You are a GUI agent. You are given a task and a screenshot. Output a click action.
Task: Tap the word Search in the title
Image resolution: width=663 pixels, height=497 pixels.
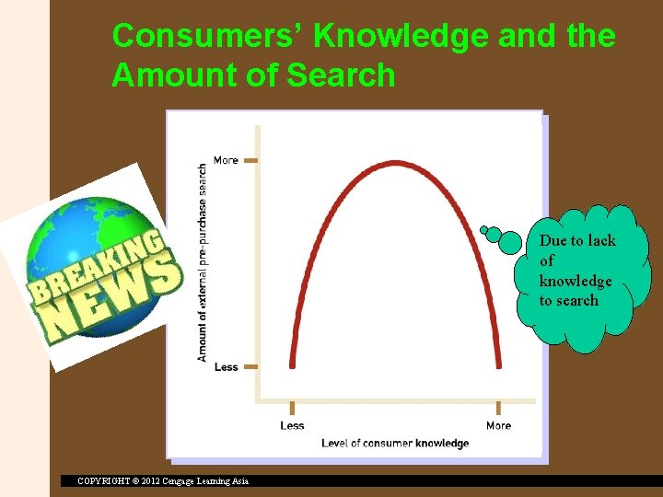(341, 75)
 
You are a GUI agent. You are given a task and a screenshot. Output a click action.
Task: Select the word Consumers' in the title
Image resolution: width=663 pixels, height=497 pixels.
(207, 37)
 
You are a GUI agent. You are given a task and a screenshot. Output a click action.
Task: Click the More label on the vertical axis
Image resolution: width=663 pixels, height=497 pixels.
(226, 160)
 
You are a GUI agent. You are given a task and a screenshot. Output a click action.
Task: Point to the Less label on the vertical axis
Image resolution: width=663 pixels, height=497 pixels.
(226, 367)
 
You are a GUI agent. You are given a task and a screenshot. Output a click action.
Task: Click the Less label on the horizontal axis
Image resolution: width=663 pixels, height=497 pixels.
(292, 425)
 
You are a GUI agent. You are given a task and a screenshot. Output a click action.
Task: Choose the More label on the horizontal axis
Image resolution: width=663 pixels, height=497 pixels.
(498, 425)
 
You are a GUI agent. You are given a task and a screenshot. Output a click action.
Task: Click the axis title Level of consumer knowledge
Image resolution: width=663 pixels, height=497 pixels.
(395, 444)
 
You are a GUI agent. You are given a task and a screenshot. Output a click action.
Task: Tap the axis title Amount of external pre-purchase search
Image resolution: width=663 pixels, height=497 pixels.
(203, 262)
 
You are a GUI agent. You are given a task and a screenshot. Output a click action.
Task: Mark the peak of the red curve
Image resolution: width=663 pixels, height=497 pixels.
(395, 164)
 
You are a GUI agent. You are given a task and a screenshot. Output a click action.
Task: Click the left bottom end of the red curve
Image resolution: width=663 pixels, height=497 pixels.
(292, 365)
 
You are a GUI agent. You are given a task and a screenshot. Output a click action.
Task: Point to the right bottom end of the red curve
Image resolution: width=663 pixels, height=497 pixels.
(499, 365)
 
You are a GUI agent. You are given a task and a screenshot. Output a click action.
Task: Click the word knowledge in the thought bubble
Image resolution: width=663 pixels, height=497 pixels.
(576, 281)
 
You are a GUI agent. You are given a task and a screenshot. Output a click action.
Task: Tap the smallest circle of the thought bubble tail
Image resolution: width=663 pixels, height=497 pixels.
(484, 229)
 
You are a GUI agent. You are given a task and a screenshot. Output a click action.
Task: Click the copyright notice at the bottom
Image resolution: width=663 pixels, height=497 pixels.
(163, 480)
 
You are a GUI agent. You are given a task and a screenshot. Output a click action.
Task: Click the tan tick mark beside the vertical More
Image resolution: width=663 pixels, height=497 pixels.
(250, 160)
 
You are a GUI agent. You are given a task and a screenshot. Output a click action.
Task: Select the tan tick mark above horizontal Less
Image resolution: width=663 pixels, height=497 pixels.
(292, 408)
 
